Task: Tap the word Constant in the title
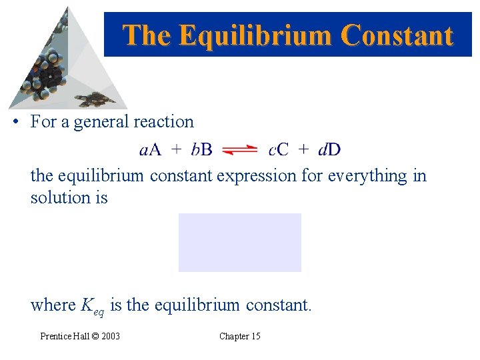[397, 35]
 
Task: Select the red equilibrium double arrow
[240, 150]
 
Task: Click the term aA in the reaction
[150, 150]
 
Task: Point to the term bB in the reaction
[201, 150]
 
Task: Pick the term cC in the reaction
[278, 150]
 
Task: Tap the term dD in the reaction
[329, 150]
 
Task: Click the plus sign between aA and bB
[176, 150]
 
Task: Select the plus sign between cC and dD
[303, 150]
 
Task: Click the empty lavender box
[240, 243]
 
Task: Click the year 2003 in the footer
[111, 336]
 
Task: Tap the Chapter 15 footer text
[240, 336]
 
